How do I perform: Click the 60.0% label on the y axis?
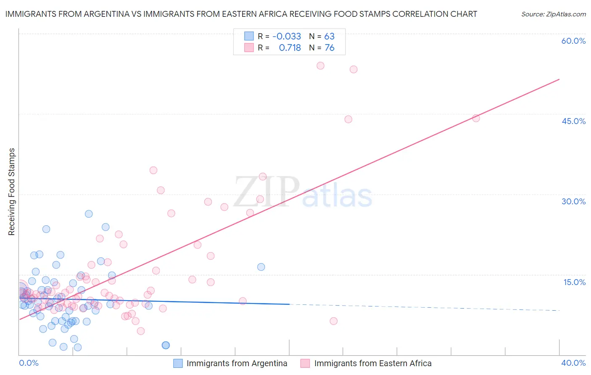(573, 41)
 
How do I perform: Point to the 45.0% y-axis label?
(573, 121)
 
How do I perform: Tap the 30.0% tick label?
(573, 201)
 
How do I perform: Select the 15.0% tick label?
(574, 282)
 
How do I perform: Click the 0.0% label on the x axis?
(29, 363)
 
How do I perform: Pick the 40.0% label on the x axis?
(573, 363)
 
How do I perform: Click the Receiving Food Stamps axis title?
(12, 192)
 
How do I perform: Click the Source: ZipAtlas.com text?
(553, 14)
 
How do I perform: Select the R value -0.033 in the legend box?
(287, 37)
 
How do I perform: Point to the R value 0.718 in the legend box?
(290, 48)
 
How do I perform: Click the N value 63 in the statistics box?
(329, 37)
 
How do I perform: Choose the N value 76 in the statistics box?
(329, 48)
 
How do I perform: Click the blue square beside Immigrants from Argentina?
(178, 363)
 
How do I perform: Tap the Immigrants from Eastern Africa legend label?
(373, 363)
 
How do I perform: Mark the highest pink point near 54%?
(320, 66)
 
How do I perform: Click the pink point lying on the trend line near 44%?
(476, 118)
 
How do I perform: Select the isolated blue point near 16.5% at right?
(261, 267)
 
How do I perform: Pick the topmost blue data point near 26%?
(89, 214)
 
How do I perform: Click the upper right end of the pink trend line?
(559, 79)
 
